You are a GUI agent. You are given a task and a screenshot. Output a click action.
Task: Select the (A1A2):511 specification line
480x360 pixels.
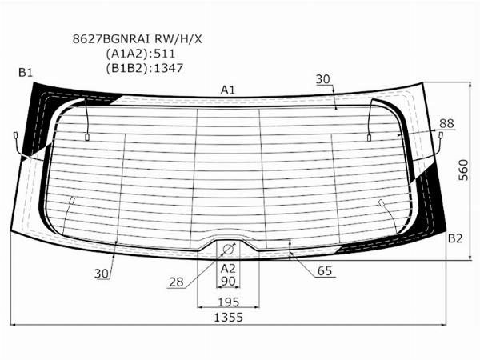[x=140, y=53]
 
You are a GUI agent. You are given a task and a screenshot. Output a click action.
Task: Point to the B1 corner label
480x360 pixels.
[x=26, y=73]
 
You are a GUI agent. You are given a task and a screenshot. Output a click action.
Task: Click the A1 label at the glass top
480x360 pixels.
[x=228, y=90]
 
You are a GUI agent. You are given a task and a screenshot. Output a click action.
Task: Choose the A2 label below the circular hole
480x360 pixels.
[x=228, y=267]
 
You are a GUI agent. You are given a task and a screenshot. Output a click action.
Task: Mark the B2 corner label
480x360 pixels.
[x=454, y=238]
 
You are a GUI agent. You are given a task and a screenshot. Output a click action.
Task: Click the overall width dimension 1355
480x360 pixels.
[x=228, y=318]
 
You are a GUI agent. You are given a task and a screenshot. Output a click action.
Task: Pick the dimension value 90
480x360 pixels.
[x=228, y=282]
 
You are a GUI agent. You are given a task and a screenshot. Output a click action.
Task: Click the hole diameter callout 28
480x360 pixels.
[x=176, y=282]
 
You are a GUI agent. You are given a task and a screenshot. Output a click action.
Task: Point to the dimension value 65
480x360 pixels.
[x=324, y=271]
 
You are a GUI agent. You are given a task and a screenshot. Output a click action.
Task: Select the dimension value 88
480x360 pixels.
[x=446, y=122]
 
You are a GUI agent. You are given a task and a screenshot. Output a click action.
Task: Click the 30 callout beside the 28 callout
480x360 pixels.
[x=102, y=274]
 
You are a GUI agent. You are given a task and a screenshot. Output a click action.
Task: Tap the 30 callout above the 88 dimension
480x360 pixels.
[x=322, y=79]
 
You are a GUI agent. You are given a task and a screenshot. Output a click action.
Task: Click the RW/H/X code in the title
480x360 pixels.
[x=179, y=38]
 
